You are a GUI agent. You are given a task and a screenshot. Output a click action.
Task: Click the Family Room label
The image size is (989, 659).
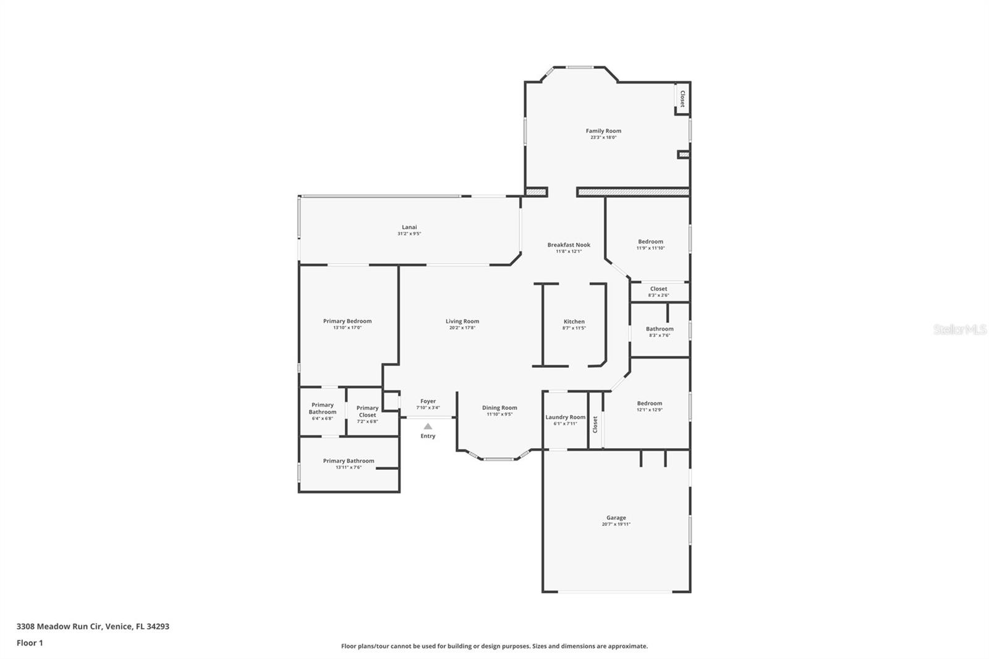coord(603,130)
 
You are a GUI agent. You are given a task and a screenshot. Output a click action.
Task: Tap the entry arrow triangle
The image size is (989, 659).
coord(428,426)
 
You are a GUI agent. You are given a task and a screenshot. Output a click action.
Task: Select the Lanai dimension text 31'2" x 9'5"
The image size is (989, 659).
coord(409,234)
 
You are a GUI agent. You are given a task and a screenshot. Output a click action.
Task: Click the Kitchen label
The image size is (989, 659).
coord(574,321)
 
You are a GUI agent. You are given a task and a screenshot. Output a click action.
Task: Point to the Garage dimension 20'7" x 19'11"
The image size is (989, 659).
coord(616,524)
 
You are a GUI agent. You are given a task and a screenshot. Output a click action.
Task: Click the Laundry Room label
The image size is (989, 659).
coord(565,417)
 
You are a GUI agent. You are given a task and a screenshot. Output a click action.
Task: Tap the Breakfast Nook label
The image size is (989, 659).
coord(569,245)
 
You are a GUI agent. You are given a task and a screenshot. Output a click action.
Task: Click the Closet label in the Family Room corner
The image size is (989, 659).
coord(682,99)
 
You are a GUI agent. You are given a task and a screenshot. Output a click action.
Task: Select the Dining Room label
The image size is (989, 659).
coord(499,407)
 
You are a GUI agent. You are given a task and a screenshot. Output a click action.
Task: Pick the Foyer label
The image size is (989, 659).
coord(428,401)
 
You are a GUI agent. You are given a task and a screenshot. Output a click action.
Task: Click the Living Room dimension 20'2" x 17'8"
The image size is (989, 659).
coord(462,328)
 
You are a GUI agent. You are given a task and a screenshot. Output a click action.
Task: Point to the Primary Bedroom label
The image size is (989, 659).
coord(347,321)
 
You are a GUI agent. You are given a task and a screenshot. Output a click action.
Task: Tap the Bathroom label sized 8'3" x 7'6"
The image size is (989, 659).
coord(660,329)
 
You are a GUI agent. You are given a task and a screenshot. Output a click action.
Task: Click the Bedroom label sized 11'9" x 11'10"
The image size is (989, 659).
coord(650,242)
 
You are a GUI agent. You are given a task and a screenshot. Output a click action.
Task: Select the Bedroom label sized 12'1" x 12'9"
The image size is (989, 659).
coord(649,403)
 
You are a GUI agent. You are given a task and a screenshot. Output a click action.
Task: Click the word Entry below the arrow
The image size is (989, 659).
coord(428,436)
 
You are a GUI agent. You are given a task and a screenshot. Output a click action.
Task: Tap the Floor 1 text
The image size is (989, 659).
coord(30,643)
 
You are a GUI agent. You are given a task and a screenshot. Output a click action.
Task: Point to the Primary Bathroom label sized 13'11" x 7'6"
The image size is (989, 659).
coord(348,461)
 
